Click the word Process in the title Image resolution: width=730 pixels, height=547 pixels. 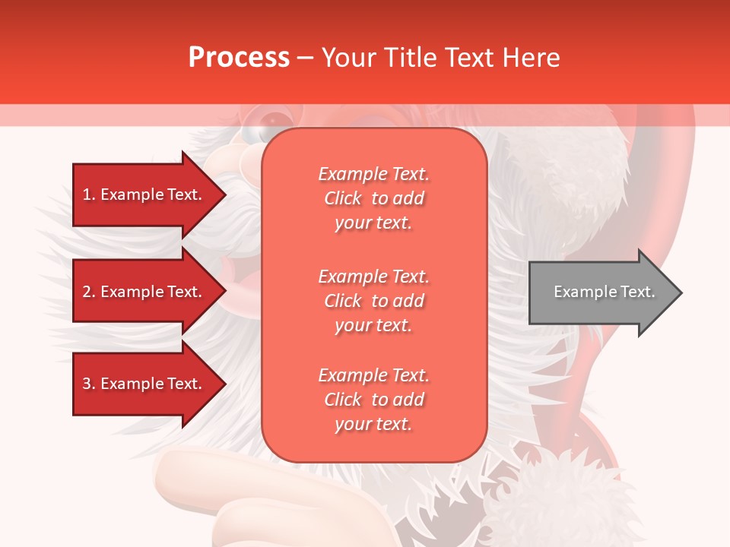point(239,58)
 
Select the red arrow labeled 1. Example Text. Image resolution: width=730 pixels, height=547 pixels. point(141,194)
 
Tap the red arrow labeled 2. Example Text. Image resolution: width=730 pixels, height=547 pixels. point(141,292)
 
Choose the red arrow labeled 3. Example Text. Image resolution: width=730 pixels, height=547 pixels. point(141,384)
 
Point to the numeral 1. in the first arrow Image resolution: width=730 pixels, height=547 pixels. point(89,194)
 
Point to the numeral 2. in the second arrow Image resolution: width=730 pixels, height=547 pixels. point(89,292)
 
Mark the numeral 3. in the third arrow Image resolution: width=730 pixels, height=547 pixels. point(89,384)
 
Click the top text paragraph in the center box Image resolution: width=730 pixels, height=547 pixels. point(373,198)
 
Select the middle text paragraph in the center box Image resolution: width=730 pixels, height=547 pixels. point(373,301)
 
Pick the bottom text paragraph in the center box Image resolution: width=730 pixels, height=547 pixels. point(373,400)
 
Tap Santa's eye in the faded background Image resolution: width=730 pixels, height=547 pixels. point(274,121)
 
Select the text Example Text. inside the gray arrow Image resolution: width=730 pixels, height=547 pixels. point(605,292)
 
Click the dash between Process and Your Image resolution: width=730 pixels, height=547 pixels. point(305,58)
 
